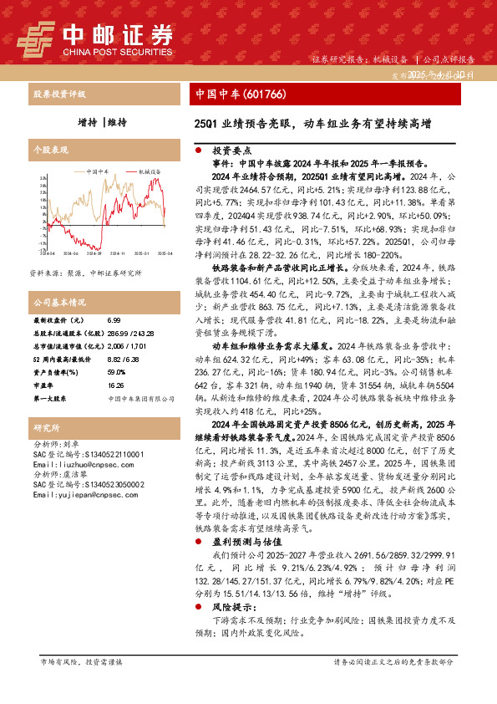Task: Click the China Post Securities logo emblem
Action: (x=34, y=38)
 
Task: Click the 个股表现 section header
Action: (x=49, y=150)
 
